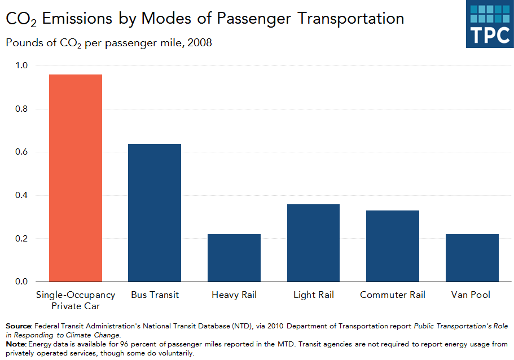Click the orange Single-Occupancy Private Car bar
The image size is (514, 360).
point(76,178)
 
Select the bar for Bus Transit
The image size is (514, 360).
point(155,213)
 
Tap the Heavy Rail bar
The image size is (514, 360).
point(234,258)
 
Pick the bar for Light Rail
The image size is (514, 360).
point(313,243)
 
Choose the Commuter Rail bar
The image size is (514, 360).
point(393,246)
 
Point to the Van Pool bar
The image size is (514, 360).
point(472,258)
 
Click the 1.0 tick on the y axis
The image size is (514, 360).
point(21,65)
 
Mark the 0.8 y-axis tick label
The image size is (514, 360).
point(21,109)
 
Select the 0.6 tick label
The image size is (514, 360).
point(21,152)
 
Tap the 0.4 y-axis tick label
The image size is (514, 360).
point(21,195)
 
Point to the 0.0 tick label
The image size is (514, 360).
point(21,282)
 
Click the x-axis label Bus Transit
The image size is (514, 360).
point(155,295)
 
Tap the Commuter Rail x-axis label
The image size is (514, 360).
point(393,295)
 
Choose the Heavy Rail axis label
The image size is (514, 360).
point(234,295)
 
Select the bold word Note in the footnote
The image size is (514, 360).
point(16,344)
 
